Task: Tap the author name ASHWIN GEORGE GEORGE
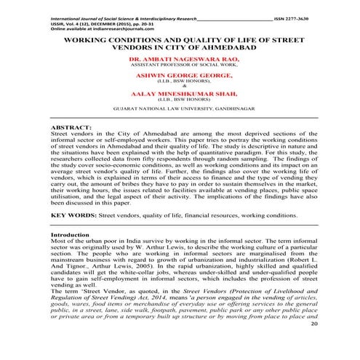click(x=180, y=95)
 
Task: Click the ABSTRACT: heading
click(x=72, y=147)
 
